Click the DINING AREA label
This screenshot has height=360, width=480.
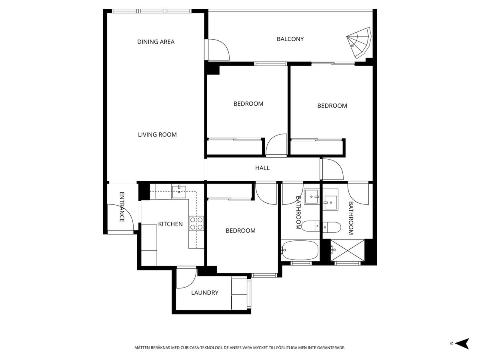click(x=156, y=42)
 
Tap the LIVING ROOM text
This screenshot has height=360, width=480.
click(x=157, y=135)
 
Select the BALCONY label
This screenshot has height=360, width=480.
click(x=290, y=39)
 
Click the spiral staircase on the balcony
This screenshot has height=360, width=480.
click(x=360, y=42)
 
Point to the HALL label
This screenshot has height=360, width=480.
click(x=262, y=168)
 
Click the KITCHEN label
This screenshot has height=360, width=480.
click(x=170, y=224)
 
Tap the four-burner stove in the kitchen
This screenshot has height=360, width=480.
click(x=196, y=223)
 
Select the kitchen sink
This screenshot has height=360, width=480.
click(x=180, y=190)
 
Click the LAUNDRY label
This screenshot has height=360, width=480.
click(x=204, y=293)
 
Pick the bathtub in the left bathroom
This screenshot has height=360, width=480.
click(x=300, y=250)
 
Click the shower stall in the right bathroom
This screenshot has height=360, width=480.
click(x=348, y=250)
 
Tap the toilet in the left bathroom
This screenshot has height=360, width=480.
click(x=310, y=226)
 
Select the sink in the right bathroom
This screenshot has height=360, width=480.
click(x=330, y=200)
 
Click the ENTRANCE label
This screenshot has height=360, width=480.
click(x=122, y=207)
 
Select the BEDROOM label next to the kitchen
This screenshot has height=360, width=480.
click(x=240, y=231)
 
